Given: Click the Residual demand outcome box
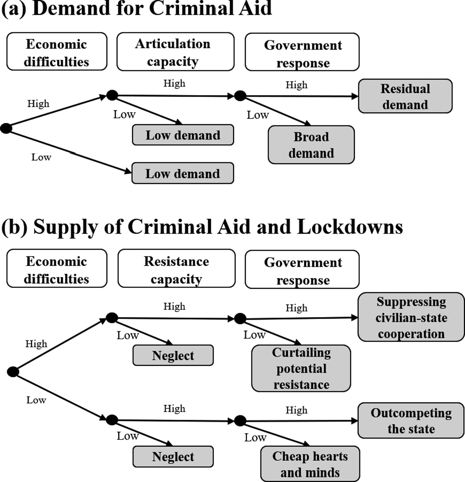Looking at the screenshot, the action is (405, 96).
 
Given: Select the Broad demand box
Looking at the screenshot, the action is (311, 144).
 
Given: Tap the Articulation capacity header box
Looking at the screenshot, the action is (175, 52).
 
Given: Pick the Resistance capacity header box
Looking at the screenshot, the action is (176, 268).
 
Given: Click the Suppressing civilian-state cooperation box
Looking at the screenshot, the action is (411, 317).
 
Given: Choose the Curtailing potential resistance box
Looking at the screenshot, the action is (301, 368).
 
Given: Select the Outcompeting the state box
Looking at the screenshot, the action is (411, 420).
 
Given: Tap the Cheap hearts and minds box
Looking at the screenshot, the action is (310, 463).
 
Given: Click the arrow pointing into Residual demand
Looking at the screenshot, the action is (299, 96).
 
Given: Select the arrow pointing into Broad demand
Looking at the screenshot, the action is (276, 111).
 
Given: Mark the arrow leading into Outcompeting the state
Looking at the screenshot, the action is (299, 421).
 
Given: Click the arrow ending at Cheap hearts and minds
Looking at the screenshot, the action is (275, 434).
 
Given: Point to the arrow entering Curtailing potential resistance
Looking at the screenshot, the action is (271, 331).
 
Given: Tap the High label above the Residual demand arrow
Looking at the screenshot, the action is (296, 85).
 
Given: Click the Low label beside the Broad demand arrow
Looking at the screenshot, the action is (258, 115).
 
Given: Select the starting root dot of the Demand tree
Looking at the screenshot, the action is (6, 128).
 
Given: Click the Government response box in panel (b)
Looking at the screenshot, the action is (302, 269).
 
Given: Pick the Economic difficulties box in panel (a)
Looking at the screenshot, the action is (57, 51).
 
